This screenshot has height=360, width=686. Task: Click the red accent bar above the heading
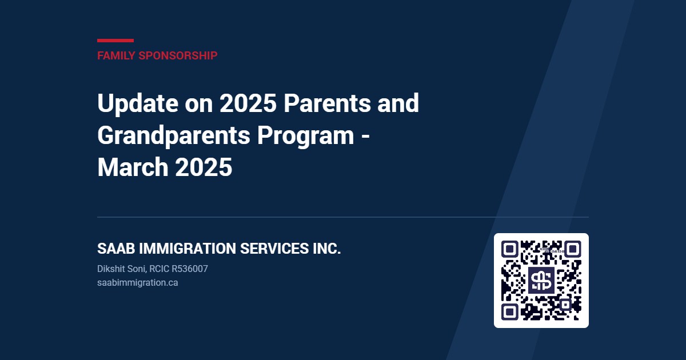(x=115, y=41)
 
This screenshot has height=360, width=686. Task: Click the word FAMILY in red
(x=116, y=56)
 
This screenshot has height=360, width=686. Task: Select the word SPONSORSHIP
(x=178, y=56)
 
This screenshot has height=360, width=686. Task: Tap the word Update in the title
(x=138, y=104)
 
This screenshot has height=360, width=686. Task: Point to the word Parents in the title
(x=327, y=103)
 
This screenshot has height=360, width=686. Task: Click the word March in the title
(x=133, y=167)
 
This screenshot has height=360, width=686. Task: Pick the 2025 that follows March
(x=204, y=167)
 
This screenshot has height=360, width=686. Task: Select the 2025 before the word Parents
(x=248, y=103)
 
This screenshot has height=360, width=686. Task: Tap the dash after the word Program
(x=365, y=136)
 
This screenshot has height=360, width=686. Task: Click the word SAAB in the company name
(x=116, y=249)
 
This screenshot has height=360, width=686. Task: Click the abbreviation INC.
(x=326, y=249)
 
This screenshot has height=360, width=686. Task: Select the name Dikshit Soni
(x=122, y=269)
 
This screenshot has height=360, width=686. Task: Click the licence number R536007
(x=190, y=269)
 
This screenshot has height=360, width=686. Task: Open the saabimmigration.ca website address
(x=138, y=283)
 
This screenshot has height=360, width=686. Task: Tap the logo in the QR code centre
(x=541, y=281)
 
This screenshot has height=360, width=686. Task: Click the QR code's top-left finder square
(x=509, y=249)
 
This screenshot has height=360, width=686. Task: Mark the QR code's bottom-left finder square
(x=509, y=312)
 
